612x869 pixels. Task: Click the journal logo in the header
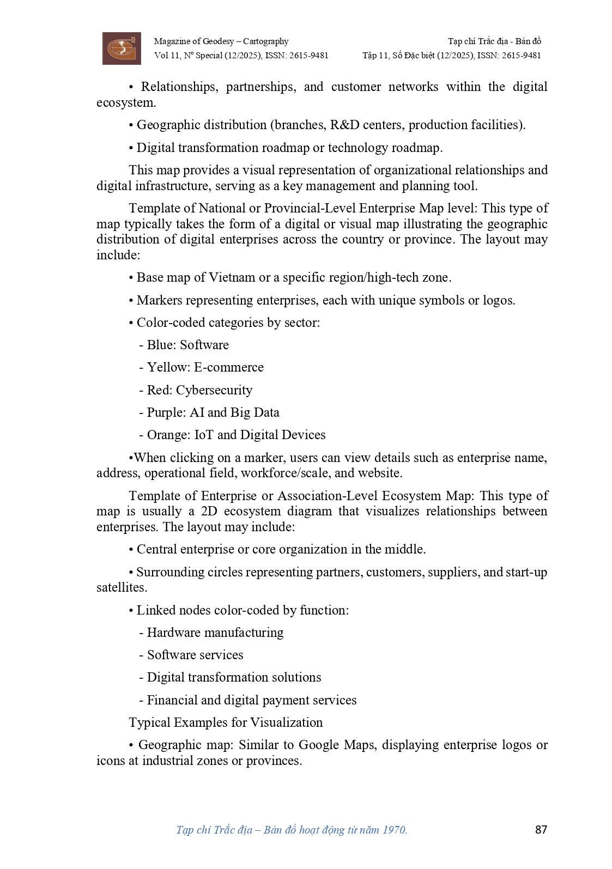tap(122, 48)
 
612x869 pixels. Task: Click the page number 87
tap(541, 829)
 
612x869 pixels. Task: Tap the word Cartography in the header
tap(266, 41)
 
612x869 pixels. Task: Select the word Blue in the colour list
tap(161, 345)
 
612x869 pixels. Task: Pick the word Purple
tap(166, 412)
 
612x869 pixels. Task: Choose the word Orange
tap(168, 435)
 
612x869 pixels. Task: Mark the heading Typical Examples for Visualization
tap(226, 722)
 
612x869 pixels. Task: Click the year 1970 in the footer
tap(394, 830)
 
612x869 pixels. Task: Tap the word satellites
tap(121, 587)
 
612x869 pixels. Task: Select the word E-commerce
tap(229, 367)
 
